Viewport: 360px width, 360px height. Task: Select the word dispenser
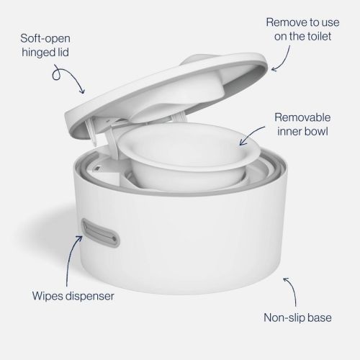pyautogui.click(x=94, y=295)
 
